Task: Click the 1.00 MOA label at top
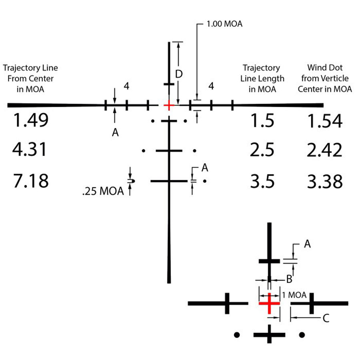pos(224,24)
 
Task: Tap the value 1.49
pos(31,120)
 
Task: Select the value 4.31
pos(30,150)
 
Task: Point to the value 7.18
pos(31,181)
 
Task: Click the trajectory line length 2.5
pos(262,150)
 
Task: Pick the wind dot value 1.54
pos(325,121)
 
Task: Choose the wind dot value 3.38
pos(325,181)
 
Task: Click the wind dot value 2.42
pos(324,150)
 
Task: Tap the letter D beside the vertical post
pos(179,74)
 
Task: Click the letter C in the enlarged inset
pos(326,318)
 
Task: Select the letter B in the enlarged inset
pos(289,279)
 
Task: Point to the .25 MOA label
pos(103,191)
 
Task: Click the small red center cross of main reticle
pos(169,105)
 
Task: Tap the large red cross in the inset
pos(269,303)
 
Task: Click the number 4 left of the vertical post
pos(126,86)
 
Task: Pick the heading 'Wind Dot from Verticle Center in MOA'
pos(325,78)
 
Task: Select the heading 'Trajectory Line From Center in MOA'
pos(30,78)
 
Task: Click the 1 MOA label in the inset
pos(294,295)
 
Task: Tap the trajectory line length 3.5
pos(262,181)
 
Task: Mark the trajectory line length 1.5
pos(262,120)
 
